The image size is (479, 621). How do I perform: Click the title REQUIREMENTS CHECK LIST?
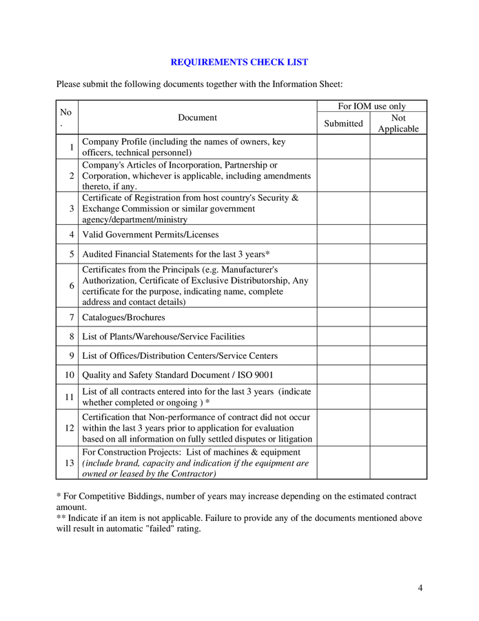point(239,62)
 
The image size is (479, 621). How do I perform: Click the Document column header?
point(197,117)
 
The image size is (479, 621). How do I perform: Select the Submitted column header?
point(343,124)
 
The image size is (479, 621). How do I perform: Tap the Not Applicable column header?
point(398,124)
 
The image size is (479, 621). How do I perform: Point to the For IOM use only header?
point(371,106)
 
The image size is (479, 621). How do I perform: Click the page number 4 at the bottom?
point(420,588)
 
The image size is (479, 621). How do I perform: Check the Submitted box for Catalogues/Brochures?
point(343,317)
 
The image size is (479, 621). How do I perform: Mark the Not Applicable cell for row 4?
point(398,235)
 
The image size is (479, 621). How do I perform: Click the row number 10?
point(69,375)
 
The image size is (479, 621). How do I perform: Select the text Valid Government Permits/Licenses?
point(150,235)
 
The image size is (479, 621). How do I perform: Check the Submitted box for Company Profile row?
point(343,147)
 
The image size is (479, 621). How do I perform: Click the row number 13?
point(69,463)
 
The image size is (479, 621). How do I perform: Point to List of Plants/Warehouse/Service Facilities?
point(163,337)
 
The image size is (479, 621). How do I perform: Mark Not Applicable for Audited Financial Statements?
point(398,254)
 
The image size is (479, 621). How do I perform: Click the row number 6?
point(71,286)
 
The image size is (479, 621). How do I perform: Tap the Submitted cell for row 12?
point(343,428)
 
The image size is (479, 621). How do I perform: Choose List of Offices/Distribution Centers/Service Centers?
point(180,356)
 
